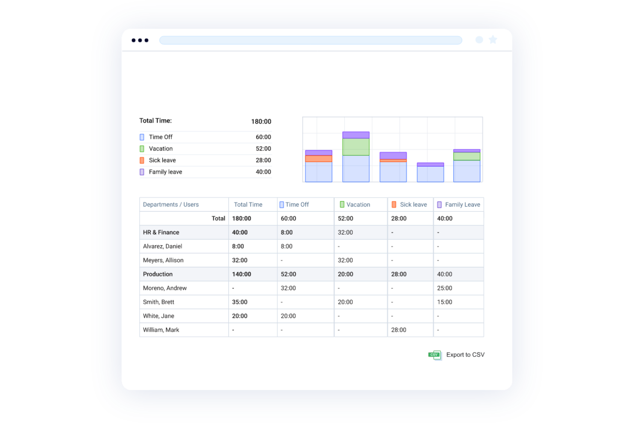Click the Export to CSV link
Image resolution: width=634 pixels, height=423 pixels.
point(465,354)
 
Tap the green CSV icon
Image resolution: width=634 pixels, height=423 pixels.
point(434,355)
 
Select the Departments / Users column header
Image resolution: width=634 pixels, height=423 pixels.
point(170,204)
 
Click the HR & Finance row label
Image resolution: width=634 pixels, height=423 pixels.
point(161,232)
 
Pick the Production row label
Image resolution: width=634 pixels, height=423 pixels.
point(158,274)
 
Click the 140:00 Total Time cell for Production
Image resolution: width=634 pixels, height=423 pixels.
point(242,274)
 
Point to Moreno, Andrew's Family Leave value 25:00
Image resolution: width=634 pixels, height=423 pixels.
point(445,288)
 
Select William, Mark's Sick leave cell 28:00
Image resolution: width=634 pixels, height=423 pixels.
point(398,330)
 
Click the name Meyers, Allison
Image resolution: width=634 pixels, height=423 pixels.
point(163,260)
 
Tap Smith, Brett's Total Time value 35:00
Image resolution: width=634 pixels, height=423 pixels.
point(240,302)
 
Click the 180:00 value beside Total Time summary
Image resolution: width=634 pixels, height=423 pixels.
point(261,121)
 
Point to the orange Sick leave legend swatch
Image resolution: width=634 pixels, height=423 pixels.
point(142,160)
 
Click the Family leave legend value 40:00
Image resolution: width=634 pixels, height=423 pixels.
point(263,172)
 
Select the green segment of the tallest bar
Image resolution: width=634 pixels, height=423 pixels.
point(356,147)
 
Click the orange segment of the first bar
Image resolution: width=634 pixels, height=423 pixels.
point(319,159)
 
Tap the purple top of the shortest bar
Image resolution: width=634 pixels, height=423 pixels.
point(430,165)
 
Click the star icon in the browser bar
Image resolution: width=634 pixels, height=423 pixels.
point(493,39)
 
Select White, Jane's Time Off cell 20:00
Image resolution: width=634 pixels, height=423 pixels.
point(288,316)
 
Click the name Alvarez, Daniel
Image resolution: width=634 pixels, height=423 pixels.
point(162,246)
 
